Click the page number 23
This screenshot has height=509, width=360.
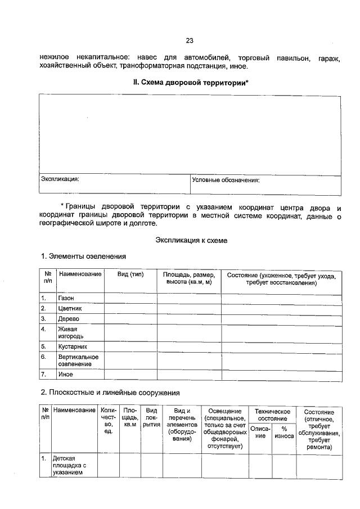pyautogui.click(x=190, y=40)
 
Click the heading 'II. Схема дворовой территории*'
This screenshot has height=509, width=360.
pyautogui.click(x=190, y=83)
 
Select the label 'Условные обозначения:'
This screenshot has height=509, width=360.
pyautogui.click(x=226, y=181)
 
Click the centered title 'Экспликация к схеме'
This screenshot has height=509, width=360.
pyautogui.click(x=191, y=240)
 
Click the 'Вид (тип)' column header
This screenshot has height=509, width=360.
pyautogui.click(x=130, y=274)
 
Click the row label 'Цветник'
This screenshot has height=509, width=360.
pyautogui.click(x=70, y=309)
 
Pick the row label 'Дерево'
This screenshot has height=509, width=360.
pyautogui.click(x=69, y=319)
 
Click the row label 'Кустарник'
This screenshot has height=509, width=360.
pyautogui.click(x=73, y=346)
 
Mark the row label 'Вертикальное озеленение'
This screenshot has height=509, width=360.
pyautogui.click(x=78, y=361)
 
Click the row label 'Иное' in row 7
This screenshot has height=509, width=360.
pyautogui.click(x=65, y=374)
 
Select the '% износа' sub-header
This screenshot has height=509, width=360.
pyautogui.click(x=284, y=433)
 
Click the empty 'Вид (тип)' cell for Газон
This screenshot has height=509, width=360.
pyautogui.click(x=130, y=298)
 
